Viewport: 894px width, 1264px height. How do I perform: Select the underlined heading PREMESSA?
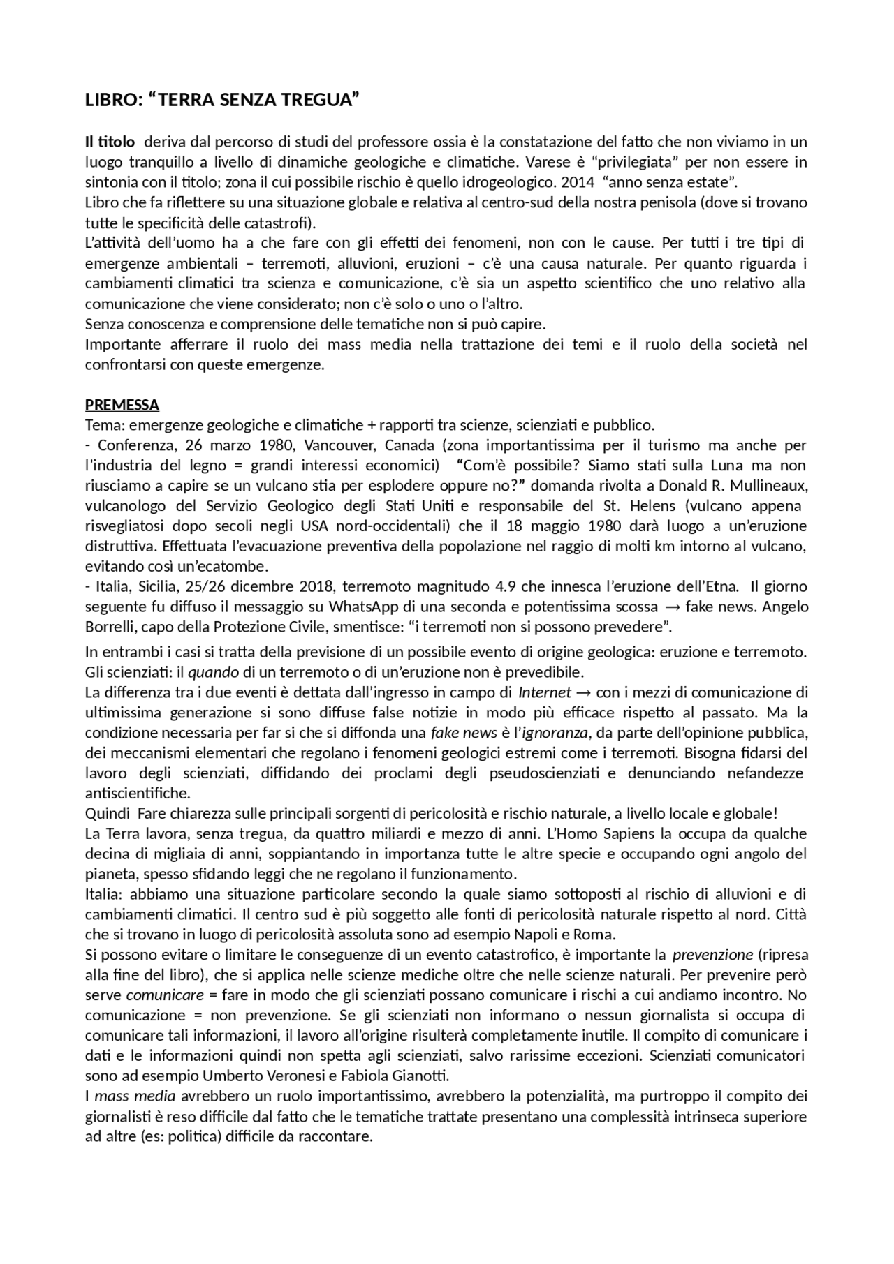122,405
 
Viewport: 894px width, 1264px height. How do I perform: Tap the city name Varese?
549,163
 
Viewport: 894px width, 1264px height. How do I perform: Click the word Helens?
655,505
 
